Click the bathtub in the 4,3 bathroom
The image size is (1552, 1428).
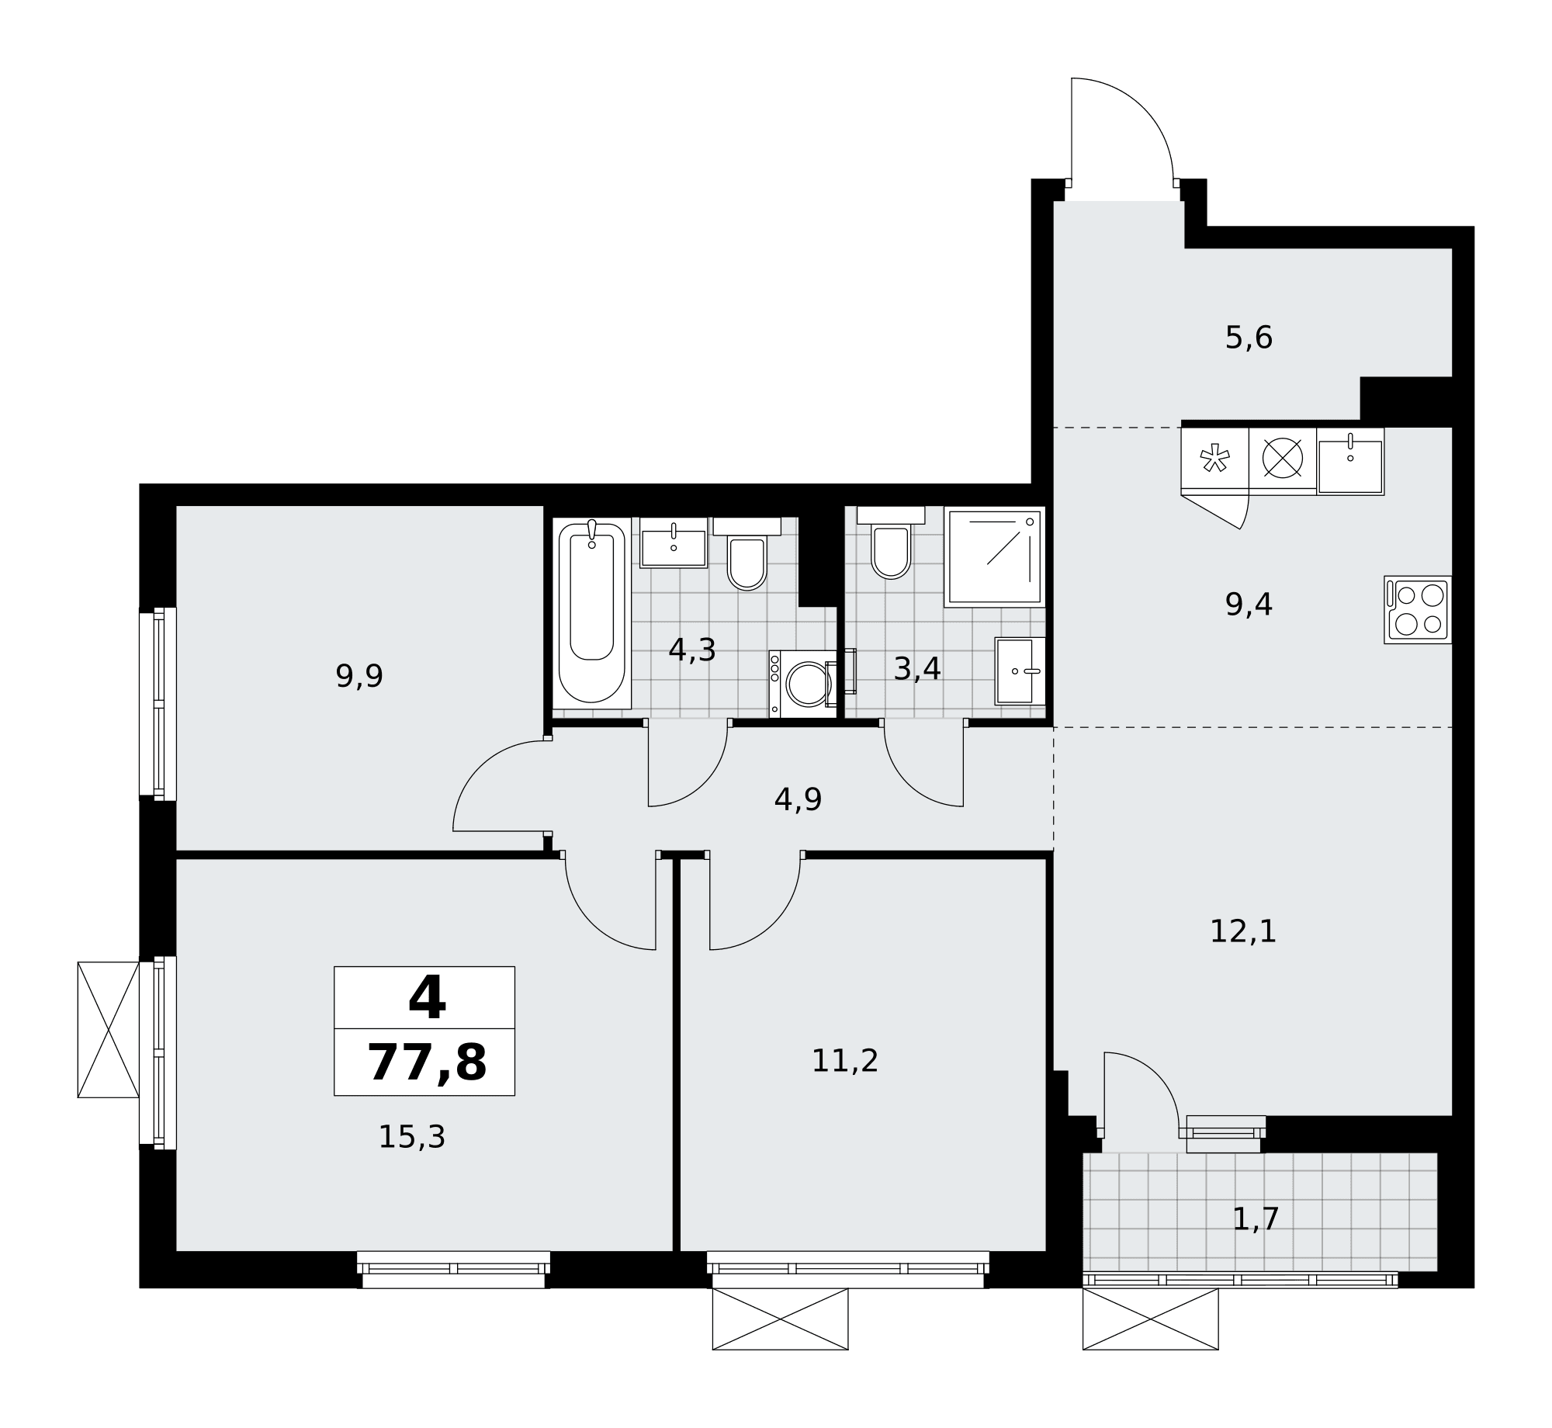pyautogui.click(x=591, y=613)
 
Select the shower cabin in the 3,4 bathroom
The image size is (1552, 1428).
pyautogui.click(x=995, y=556)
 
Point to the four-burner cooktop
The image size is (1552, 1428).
pyautogui.click(x=1418, y=609)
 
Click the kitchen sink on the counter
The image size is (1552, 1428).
pyautogui.click(x=1350, y=462)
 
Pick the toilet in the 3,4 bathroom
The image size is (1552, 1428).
pyautogui.click(x=891, y=542)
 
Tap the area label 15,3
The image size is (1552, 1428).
pyautogui.click(x=412, y=1137)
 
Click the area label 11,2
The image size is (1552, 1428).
pyautogui.click(x=845, y=1061)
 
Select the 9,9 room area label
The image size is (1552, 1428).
pyautogui.click(x=359, y=676)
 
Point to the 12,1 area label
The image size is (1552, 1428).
pyautogui.click(x=1243, y=931)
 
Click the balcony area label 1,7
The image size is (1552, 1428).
pyautogui.click(x=1256, y=1219)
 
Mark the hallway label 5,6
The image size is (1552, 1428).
pyautogui.click(x=1249, y=338)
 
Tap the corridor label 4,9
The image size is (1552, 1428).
pyautogui.click(x=798, y=799)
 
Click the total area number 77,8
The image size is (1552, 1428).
pyautogui.click(x=427, y=1062)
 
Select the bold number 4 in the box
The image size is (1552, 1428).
pyautogui.click(x=427, y=998)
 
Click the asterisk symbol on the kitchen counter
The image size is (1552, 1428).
pyautogui.click(x=1214, y=458)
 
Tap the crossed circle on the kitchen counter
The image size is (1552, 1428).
pyautogui.click(x=1282, y=458)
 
